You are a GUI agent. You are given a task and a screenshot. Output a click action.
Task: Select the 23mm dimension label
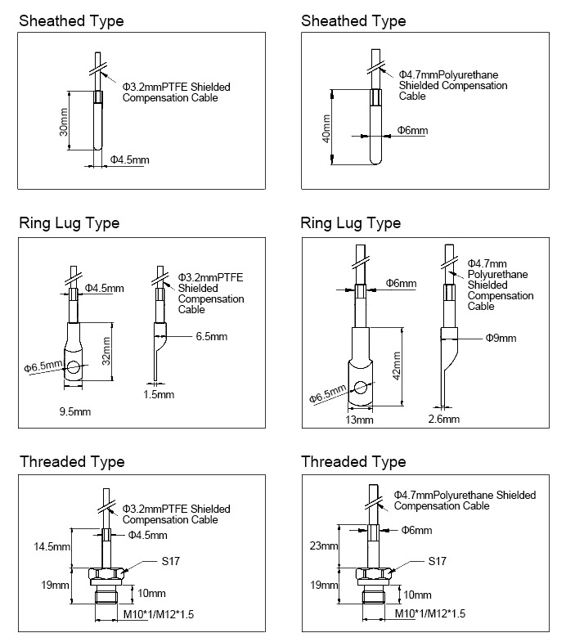pyautogui.click(x=325, y=545)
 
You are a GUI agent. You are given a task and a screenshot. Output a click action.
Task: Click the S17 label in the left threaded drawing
pyautogui.click(x=169, y=562)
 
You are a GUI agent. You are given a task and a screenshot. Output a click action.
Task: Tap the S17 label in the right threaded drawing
pyautogui.click(x=438, y=562)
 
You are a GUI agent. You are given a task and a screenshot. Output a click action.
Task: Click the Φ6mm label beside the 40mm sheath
pyautogui.click(x=412, y=131)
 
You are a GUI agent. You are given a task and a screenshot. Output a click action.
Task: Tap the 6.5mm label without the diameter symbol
pyautogui.click(x=212, y=335)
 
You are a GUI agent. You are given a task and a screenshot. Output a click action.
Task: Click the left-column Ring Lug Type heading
pyautogui.click(x=70, y=223)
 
